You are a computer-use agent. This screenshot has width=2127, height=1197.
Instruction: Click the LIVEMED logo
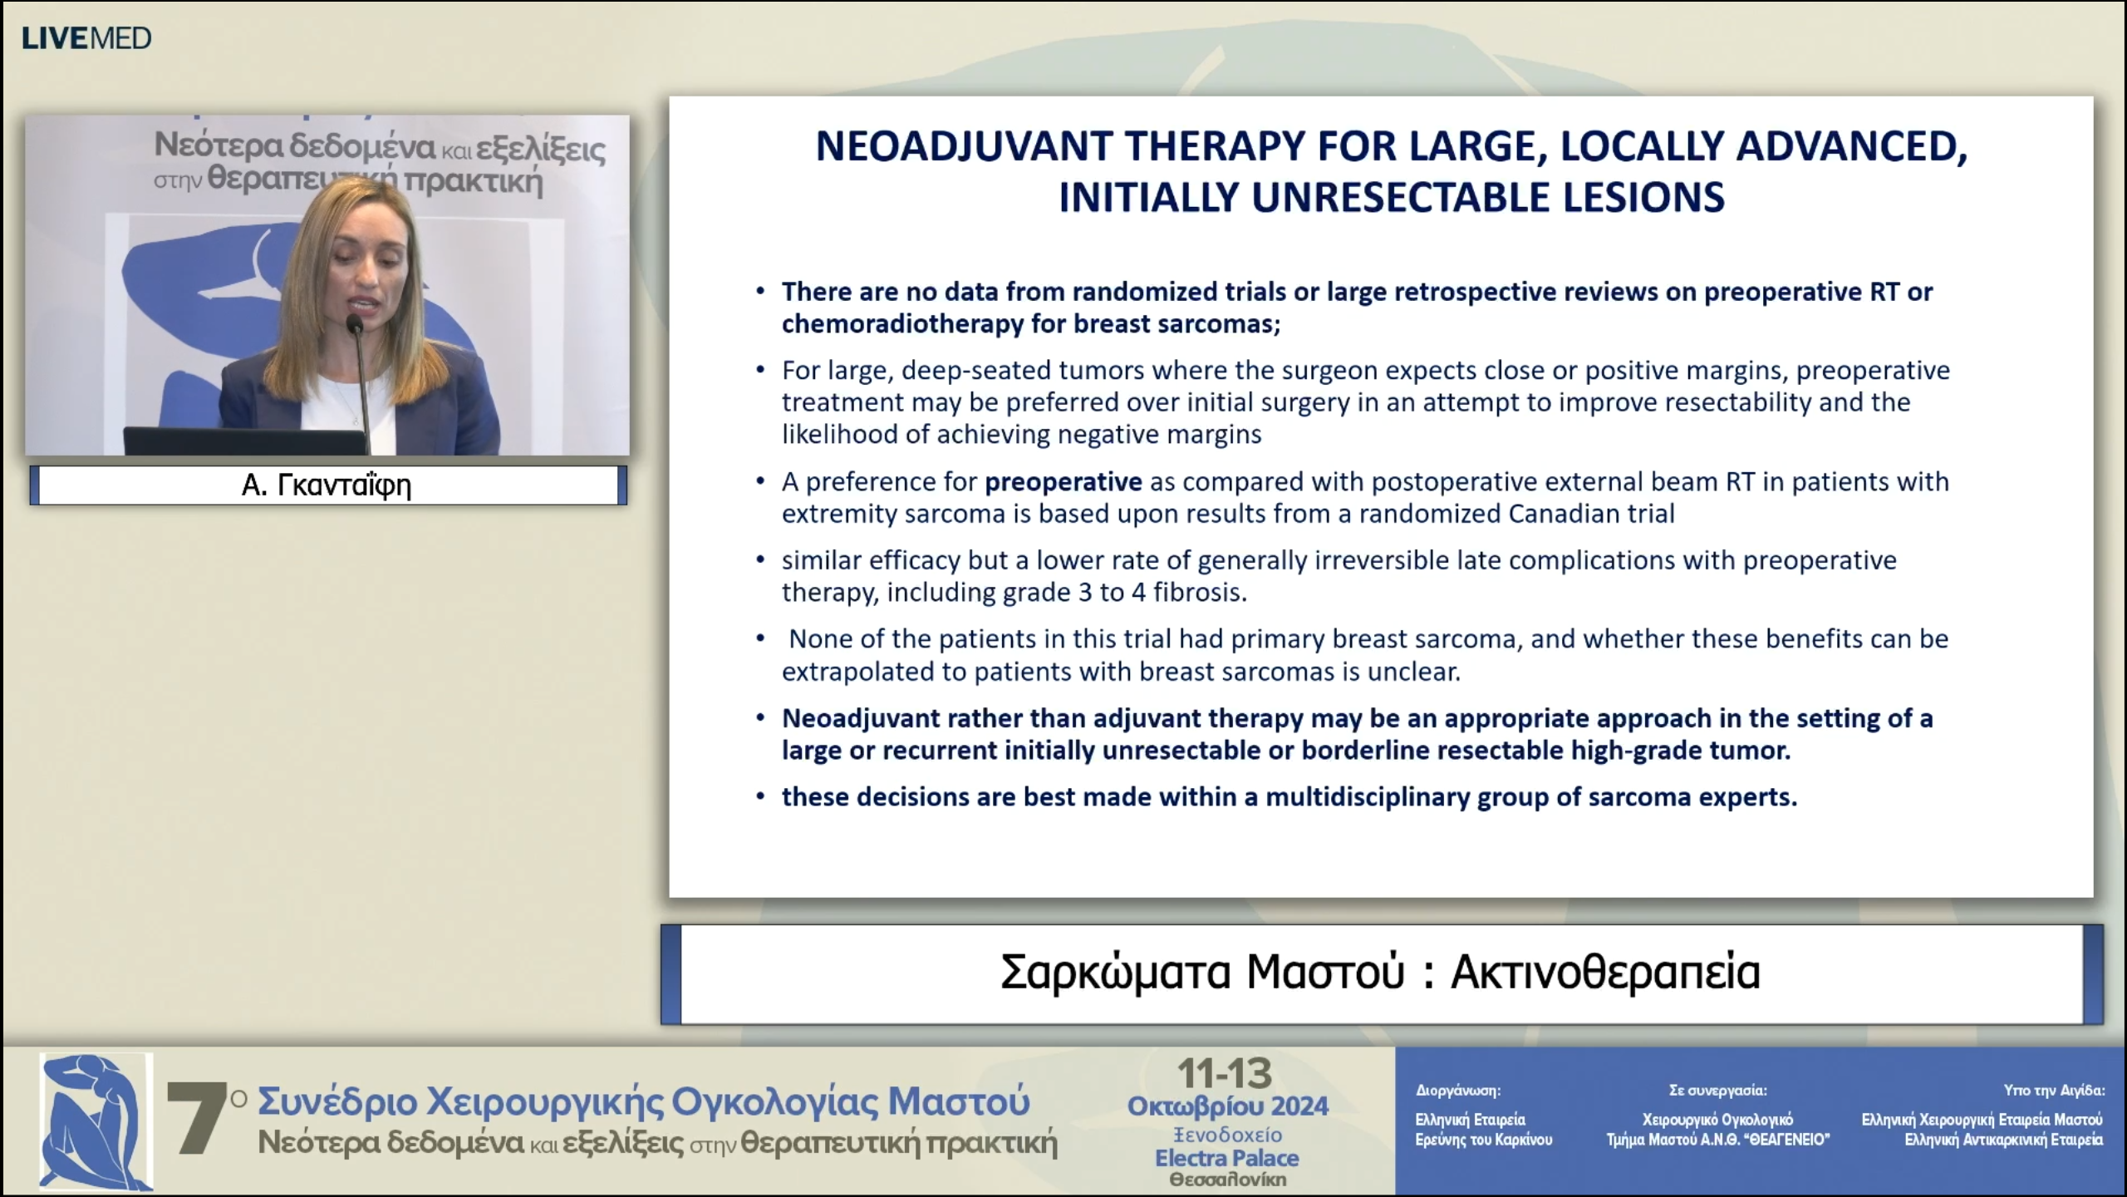(86, 38)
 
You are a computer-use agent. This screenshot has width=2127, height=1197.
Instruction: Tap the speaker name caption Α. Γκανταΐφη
(327, 485)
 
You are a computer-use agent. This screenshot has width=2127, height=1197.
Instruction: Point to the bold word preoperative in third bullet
(1063, 482)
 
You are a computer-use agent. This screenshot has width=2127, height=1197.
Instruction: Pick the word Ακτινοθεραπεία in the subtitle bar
(1605, 972)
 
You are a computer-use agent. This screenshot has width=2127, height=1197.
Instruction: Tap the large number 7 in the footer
(196, 1118)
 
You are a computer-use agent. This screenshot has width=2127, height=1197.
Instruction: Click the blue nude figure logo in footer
(96, 1121)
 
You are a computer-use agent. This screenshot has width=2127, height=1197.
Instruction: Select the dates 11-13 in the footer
(1225, 1074)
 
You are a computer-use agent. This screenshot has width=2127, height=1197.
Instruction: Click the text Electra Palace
(1227, 1158)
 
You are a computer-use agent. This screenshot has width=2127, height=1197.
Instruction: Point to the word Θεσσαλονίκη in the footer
(1228, 1180)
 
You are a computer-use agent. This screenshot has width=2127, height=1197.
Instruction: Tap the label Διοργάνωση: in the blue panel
(1458, 1091)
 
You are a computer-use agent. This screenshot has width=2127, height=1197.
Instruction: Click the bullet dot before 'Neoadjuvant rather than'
(760, 717)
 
